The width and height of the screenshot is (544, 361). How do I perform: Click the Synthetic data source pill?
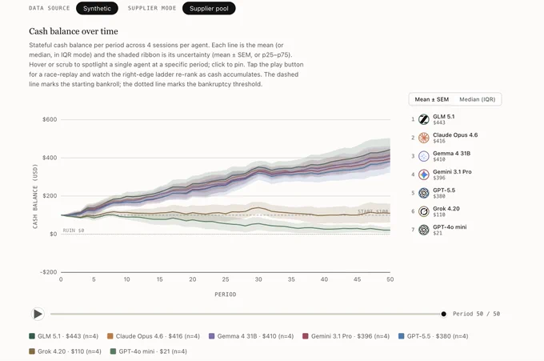(x=97, y=8)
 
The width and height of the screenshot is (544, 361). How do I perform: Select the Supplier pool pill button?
(x=209, y=8)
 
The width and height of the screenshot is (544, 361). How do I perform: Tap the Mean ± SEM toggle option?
(x=431, y=99)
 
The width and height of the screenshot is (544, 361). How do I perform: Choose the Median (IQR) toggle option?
(x=478, y=99)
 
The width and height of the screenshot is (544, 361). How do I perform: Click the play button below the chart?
(x=38, y=314)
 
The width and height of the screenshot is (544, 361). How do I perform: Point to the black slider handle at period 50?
(x=443, y=314)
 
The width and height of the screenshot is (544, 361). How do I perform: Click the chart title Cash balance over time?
(x=74, y=31)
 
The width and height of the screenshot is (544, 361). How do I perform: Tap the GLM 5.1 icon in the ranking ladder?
(x=424, y=119)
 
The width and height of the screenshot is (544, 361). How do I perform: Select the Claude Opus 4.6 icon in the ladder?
(x=424, y=138)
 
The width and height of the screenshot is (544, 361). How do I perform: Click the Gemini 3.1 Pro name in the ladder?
(x=452, y=172)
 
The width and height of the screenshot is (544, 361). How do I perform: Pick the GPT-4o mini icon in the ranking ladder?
(x=424, y=230)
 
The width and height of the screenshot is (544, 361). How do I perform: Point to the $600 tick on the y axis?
(x=50, y=119)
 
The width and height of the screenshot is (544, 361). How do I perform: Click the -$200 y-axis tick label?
(x=49, y=272)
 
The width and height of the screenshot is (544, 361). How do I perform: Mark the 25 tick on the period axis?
(x=226, y=279)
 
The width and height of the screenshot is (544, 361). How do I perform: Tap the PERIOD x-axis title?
(x=226, y=295)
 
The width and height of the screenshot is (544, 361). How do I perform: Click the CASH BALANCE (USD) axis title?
(x=35, y=196)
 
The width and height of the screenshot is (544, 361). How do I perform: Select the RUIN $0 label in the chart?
(x=74, y=231)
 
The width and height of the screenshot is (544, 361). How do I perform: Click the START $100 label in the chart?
(x=373, y=211)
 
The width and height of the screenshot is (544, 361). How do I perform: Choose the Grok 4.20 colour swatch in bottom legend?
(x=32, y=351)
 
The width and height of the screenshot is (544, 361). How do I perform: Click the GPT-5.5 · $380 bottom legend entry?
(x=434, y=336)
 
